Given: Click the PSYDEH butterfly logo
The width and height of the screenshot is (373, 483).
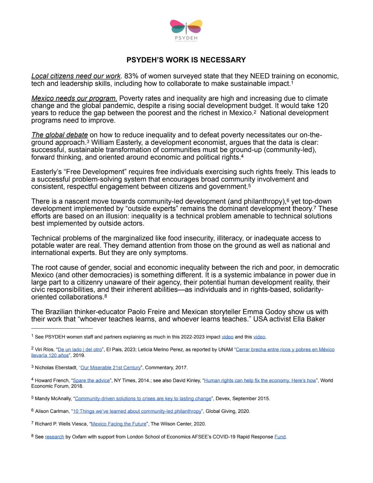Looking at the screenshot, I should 186,29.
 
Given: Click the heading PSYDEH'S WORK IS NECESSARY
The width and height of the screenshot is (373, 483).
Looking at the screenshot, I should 186,60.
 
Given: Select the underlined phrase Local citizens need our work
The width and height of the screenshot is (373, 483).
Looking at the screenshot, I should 76,76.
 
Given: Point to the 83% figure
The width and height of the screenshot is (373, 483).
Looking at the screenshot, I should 131,76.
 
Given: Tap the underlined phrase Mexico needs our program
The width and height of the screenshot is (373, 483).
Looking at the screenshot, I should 74,98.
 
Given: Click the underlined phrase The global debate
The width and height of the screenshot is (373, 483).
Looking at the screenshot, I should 60,135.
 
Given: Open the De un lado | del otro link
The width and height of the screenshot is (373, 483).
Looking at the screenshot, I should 80,349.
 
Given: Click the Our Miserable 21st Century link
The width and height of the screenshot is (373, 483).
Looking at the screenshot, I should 110,368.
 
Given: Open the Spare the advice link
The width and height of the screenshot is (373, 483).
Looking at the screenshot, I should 91,380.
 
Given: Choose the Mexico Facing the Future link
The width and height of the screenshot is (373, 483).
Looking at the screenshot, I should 118,424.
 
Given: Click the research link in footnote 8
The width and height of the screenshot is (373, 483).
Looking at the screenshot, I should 55,437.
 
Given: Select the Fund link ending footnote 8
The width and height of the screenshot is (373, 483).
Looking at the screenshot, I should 280,437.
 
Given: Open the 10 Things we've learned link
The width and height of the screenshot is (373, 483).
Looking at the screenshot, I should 137,411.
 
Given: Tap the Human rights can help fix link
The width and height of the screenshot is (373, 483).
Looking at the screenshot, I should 260,380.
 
